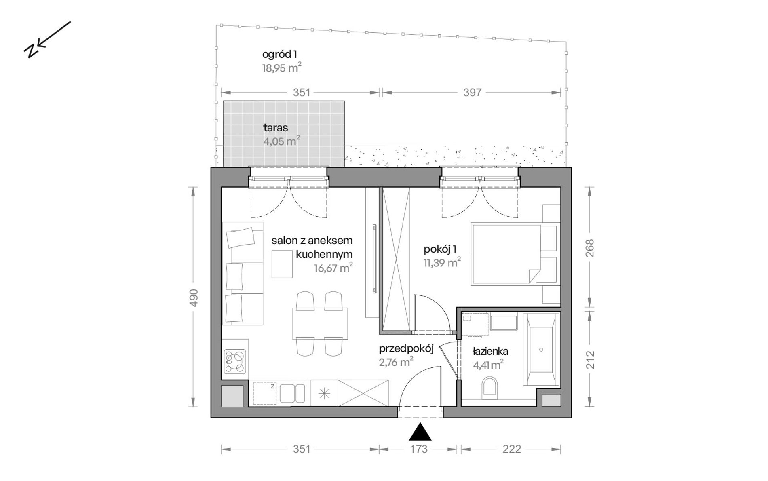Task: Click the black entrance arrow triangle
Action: click(420, 432)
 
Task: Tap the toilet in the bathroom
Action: click(490, 386)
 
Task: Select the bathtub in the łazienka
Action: click(541, 350)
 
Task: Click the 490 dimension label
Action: click(194, 297)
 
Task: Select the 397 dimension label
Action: click(472, 93)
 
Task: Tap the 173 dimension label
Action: click(419, 449)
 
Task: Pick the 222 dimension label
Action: click(512, 449)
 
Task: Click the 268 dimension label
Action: click(590, 248)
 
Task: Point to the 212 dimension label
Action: click(590, 359)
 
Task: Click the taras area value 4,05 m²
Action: click(282, 141)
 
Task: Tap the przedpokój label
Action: click(406, 349)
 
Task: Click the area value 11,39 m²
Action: click(442, 263)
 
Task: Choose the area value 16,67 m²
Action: click(333, 268)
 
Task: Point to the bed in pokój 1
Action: click(506, 254)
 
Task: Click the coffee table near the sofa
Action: click(282, 264)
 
